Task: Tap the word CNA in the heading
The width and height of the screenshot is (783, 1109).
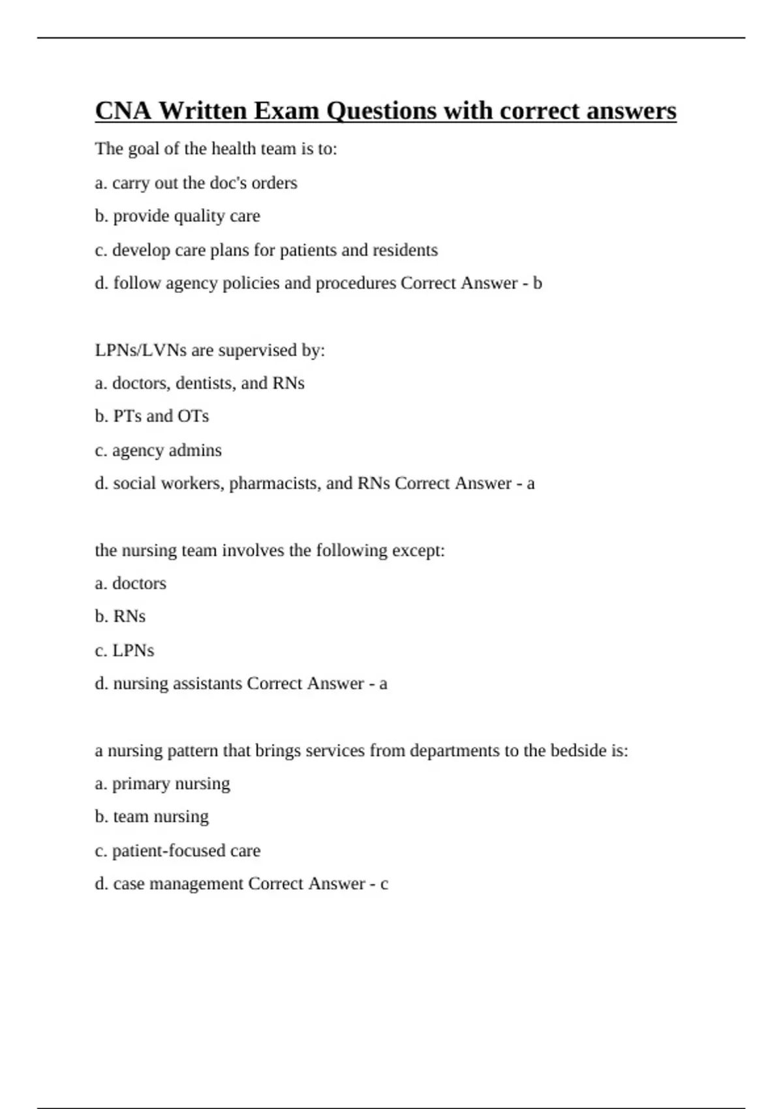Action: tap(123, 111)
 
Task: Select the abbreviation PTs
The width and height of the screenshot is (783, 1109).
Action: tap(128, 416)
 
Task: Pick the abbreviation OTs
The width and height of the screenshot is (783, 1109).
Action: tap(192, 416)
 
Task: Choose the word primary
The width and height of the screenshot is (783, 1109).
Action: tap(140, 784)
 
